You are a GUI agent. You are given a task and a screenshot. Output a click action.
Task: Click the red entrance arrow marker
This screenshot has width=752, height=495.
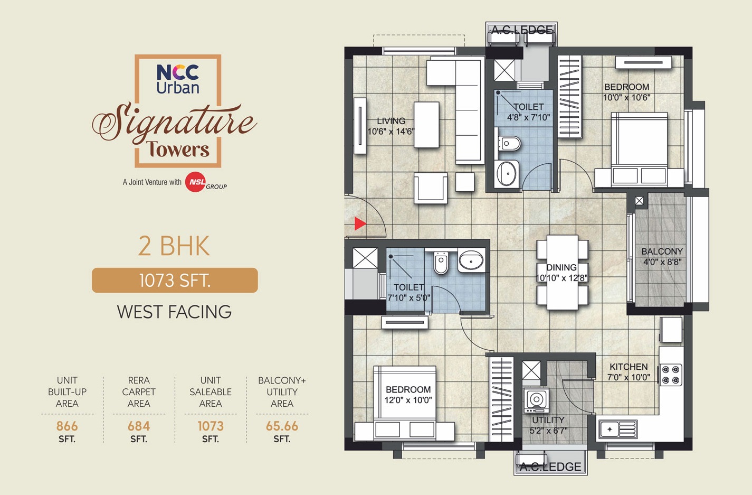pos(360,223)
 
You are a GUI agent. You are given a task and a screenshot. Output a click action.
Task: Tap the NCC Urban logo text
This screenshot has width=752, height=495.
pos(178,79)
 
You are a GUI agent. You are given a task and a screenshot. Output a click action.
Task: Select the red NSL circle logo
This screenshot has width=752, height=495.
pos(195,182)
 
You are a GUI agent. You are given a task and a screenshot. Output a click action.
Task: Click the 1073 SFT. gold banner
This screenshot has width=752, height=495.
pos(175,280)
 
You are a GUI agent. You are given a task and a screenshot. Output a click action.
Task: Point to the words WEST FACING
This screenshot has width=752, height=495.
pos(174,312)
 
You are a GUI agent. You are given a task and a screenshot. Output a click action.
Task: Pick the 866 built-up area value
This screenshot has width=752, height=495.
pos(67,426)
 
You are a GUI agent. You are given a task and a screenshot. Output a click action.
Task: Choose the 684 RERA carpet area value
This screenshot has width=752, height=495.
pos(139,426)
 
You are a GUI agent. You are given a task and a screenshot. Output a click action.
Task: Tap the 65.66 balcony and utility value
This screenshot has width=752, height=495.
pos(282,426)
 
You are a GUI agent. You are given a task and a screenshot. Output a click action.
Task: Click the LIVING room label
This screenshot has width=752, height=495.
pos(391,121)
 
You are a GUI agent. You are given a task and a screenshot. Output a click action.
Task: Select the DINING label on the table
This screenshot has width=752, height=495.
pos(561,267)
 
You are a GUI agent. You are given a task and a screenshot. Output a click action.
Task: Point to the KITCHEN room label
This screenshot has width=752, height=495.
pos(629,367)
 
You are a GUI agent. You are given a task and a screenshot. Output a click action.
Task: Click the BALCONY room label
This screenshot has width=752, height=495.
pos(662,251)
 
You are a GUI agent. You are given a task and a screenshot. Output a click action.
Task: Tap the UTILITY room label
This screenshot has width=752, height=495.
pos(548,420)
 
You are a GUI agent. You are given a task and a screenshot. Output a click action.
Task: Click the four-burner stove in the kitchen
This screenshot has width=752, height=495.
pos(671,375)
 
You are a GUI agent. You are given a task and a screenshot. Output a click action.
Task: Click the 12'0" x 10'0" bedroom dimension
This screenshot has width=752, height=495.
pos(408,400)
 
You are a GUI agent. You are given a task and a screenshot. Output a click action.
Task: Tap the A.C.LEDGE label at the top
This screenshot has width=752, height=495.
pos(521,30)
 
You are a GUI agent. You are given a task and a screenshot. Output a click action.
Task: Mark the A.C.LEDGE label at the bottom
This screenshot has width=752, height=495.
pos(550,467)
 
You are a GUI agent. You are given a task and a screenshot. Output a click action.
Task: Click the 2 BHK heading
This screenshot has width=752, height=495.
pos(174,246)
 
